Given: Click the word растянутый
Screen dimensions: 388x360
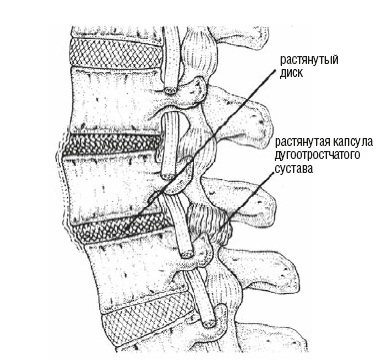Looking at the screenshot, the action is (x=309, y=60).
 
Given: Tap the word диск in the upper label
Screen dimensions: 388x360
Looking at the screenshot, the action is (x=291, y=73).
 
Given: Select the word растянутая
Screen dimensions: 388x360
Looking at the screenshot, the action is (x=301, y=142).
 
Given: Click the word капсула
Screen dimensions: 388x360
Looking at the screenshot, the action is (x=351, y=142).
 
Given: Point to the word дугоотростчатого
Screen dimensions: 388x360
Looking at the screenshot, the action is (x=317, y=155).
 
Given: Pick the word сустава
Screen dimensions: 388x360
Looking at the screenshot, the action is (x=294, y=169).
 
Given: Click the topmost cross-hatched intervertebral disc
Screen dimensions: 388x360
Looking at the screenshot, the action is (x=116, y=53).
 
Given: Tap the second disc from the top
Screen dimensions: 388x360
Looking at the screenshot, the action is (x=112, y=144).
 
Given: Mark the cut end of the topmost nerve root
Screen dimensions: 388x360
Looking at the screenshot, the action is (x=172, y=90).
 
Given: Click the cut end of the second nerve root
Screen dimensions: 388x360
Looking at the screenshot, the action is (x=168, y=175).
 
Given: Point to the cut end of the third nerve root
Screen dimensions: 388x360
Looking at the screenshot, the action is (x=187, y=254).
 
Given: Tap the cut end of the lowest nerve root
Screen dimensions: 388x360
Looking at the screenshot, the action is (x=209, y=323).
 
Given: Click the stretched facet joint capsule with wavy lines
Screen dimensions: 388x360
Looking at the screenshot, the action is (x=206, y=222).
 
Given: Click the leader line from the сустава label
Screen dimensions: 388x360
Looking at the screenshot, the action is (x=247, y=203).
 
